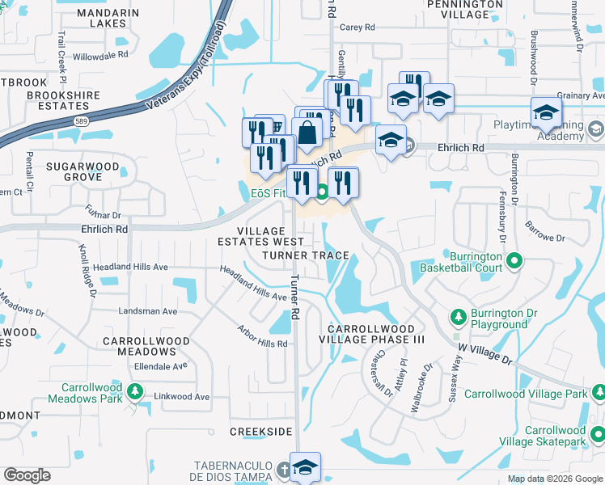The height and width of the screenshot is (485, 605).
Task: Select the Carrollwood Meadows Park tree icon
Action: pyautogui.click(x=135, y=393)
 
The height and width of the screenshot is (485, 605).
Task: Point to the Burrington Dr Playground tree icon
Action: pyautogui.click(x=458, y=315)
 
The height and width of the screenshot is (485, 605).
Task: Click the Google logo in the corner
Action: pyautogui.click(x=27, y=475)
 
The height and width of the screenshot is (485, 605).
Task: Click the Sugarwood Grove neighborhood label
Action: pyautogui.click(x=82, y=171)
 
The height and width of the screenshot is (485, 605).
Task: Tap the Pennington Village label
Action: pyautogui.click(x=463, y=9)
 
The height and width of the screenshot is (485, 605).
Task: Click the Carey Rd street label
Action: pyautogui.click(x=357, y=27)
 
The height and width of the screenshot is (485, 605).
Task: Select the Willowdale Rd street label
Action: pyautogui.click(x=100, y=56)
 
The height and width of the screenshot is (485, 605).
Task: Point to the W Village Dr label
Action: pyautogui.click(x=485, y=352)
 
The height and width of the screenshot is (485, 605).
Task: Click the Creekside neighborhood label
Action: pyautogui.click(x=260, y=432)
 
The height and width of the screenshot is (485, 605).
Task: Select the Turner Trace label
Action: pyautogui.click(x=306, y=255)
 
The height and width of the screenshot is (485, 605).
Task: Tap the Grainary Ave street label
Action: pyautogui.click(x=576, y=95)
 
